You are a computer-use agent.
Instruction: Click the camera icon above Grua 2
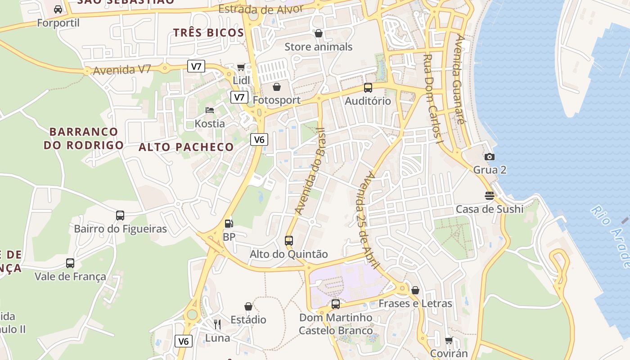(490, 157)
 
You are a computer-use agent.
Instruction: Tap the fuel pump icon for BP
(229, 223)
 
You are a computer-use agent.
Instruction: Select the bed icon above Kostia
(210, 110)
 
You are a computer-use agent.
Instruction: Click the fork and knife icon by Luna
(217, 324)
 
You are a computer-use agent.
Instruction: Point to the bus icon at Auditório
(368, 88)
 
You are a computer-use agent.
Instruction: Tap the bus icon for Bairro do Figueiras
(120, 215)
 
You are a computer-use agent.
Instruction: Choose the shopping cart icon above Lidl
(241, 67)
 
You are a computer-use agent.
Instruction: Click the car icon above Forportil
(58, 9)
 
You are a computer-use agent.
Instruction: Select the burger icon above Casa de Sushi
(490, 196)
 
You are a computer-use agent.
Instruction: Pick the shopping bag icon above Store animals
(319, 33)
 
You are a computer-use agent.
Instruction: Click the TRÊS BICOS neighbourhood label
(209, 32)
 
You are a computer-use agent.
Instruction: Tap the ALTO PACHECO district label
(186, 147)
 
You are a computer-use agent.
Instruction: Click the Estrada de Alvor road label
(260, 9)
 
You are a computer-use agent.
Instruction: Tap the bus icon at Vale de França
(70, 263)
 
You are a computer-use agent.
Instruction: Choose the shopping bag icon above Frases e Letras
(415, 290)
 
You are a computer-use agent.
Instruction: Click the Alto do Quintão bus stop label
(289, 254)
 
